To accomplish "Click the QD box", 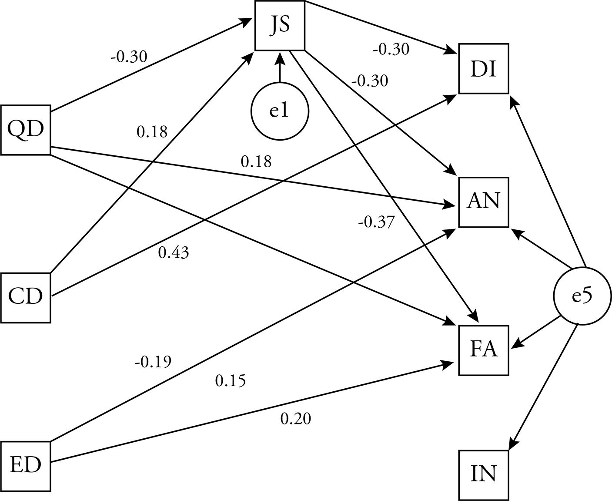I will click(x=26, y=130).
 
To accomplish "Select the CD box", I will click(x=26, y=297).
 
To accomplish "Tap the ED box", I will click(x=26, y=465).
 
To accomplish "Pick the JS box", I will click(x=280, y=25).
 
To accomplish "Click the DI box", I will click(x=483, y=69).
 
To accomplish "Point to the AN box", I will click(x=483, y=202).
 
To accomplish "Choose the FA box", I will click(x=483, y=350).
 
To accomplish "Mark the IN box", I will click(x=483, y=475).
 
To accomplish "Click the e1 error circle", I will click(x=280, y=111).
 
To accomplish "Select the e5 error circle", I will click(x=582, y=296).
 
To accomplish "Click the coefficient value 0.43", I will click(x=174, y=252).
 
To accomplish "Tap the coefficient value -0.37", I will click(x=376, y=222).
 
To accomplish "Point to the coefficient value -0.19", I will click(x=153, y=362).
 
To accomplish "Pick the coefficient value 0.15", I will click(x=231, y=381).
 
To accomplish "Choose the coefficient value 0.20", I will click(x=296, y=419).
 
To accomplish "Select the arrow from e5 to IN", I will click(x=544, y=385).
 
